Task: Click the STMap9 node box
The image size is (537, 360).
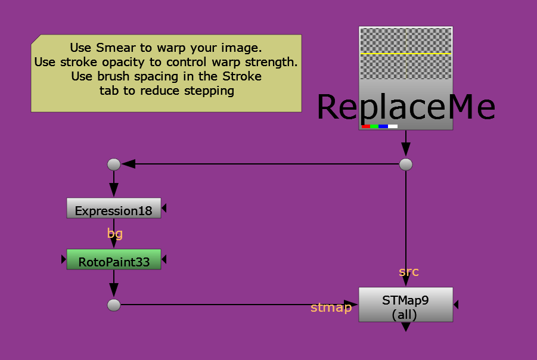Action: point(405,305)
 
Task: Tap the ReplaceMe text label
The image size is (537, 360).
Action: point(405,107)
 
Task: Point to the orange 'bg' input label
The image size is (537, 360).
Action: point(115,234)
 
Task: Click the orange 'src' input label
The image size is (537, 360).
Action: point(409,272)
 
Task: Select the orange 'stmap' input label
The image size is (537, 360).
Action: point(331,308)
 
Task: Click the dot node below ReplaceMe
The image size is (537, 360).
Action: point(406,164)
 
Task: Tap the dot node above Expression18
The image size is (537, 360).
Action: point(113,164)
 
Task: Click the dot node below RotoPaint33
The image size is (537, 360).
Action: point(113,305)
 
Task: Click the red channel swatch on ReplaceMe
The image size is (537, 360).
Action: point(365,126)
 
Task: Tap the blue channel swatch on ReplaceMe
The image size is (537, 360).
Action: point(383,126)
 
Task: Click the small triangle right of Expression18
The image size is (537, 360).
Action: point(164,209)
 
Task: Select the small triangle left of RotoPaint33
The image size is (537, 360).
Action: point(63,259)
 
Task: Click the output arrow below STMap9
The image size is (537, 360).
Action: point(405,327)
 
